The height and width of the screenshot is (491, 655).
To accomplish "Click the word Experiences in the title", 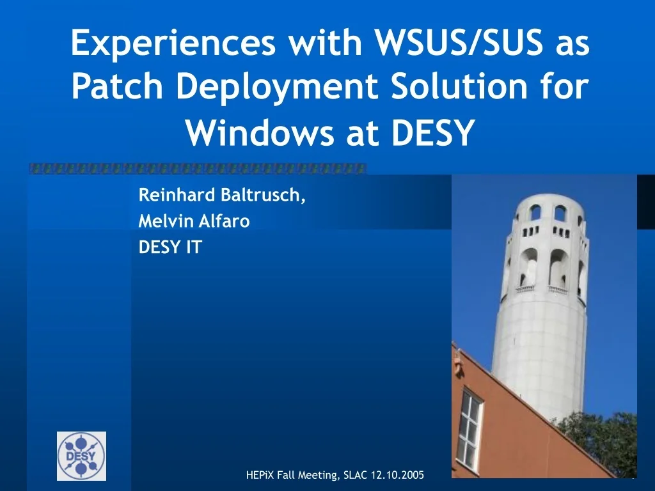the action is coord(173,43).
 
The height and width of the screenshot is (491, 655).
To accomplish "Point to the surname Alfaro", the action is coord(223,221).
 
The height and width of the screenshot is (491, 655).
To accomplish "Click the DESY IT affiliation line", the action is coord(170,247).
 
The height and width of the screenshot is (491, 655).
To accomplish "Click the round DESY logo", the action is coord(81,456).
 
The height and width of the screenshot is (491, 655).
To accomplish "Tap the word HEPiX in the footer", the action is coord(260,475).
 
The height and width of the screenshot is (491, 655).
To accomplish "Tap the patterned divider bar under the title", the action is coord(198,169).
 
